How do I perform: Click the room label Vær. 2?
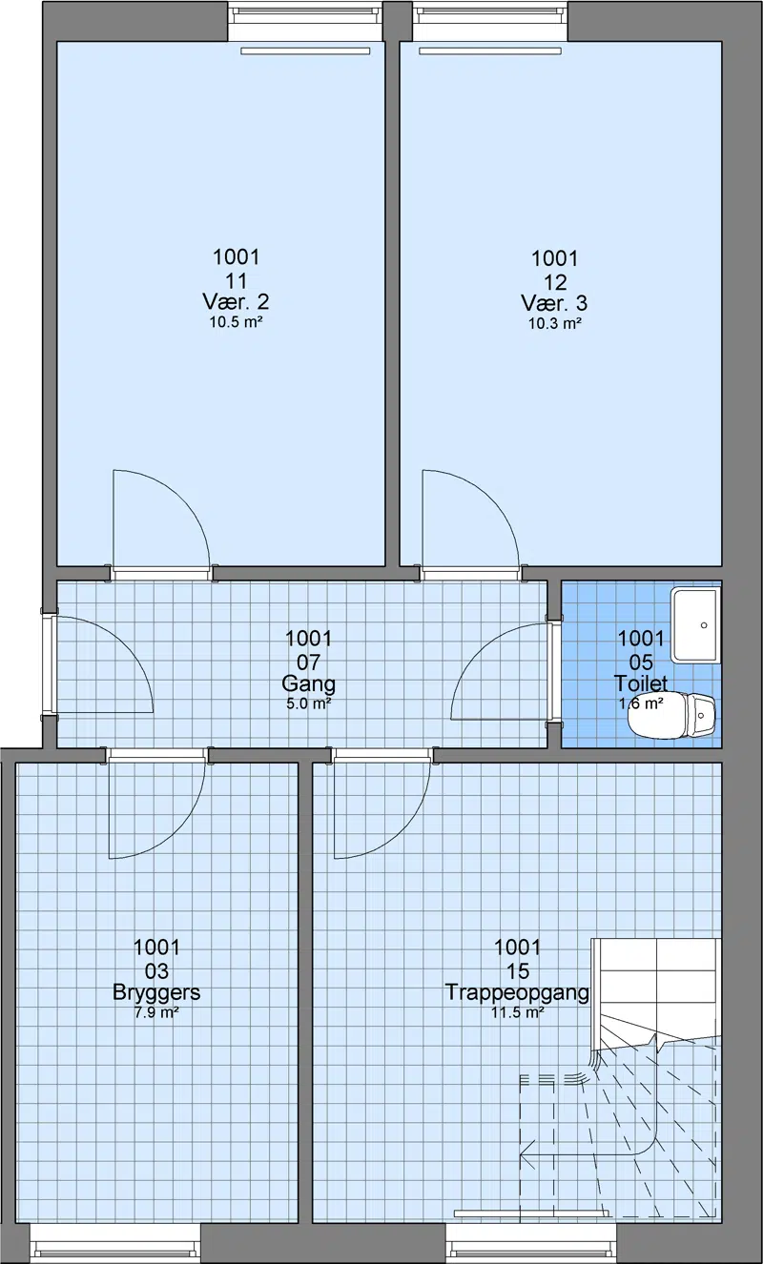pyautogui.click(x=237, y=302)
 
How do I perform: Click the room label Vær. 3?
pyautogui.click(x=554, y=303)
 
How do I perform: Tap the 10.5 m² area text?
pyautogui.click(x=237, y=322)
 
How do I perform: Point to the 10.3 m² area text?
pyautogui.click(x=554, y=323)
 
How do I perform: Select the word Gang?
pyautogui.click(x=308, y=684)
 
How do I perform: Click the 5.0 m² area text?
pyautogui.click(x=308, y=703)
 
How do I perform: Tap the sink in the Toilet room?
pyautogui.click(x=696, y=624)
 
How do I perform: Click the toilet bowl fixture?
pyautogui.click(x=672, y=715)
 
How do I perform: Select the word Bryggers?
pyautogui.click(x=156, y=992)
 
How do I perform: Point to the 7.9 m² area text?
pyautogui.click(x=156, y=1012)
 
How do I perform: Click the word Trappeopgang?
pyautogui.click(x=517, y=992)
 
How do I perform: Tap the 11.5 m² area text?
pyautogui.click(x=517, y=1012)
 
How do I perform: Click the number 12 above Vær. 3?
pyautogui.click(x=554, y=281)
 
